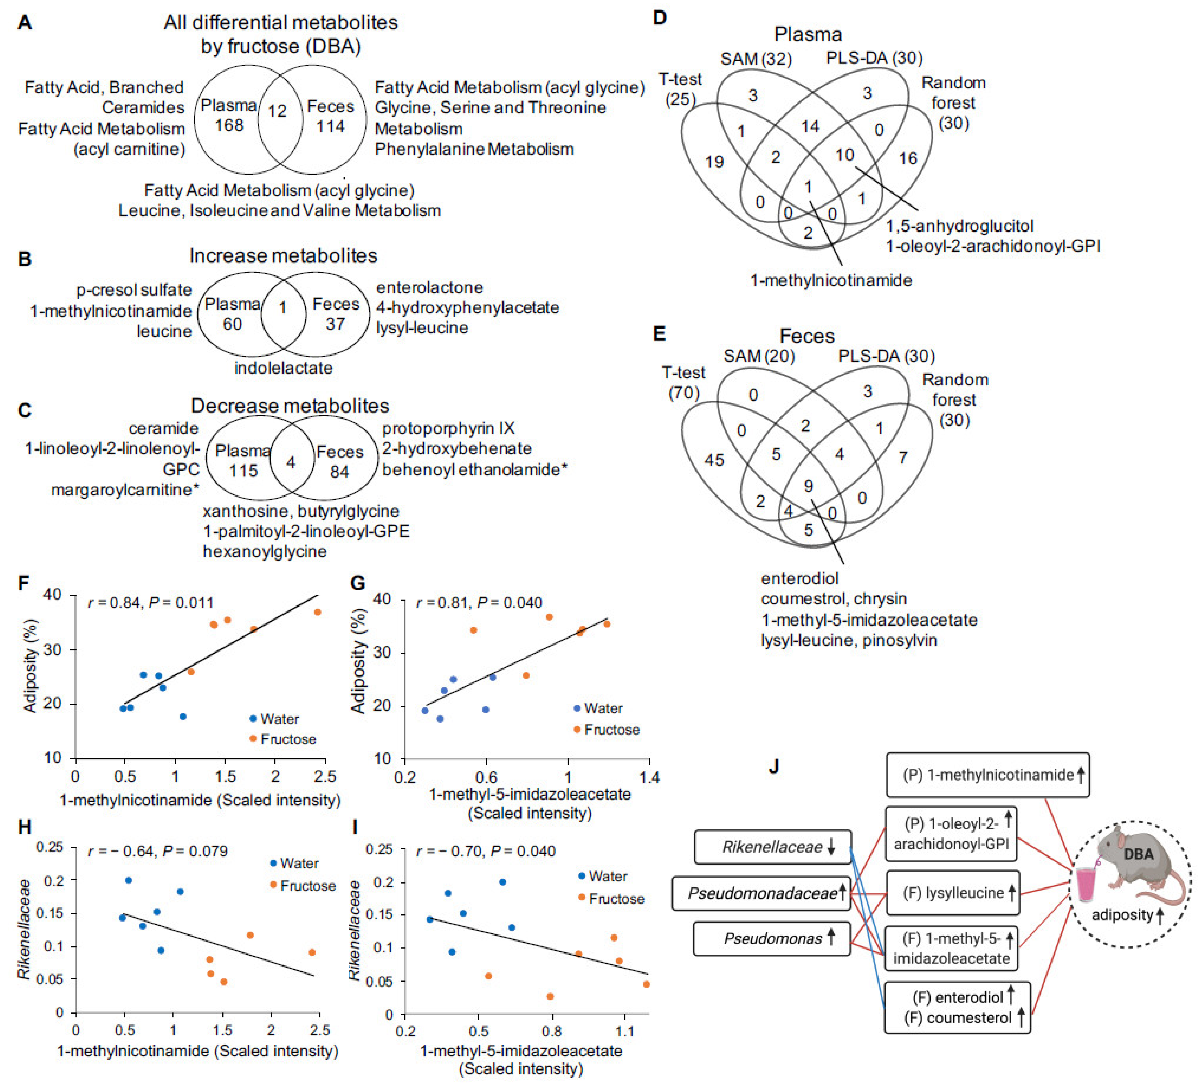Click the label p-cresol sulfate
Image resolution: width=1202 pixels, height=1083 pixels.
point(134,290)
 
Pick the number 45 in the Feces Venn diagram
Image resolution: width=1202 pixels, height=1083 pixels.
point(714,460)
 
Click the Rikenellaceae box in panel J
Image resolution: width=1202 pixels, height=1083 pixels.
point(773,847)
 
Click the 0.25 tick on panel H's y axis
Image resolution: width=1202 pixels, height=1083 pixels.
point(50,847)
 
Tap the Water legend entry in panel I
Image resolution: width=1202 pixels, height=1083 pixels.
point(602,876)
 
